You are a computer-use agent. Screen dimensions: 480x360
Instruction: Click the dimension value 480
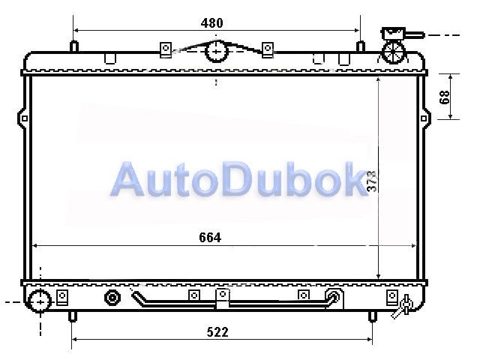click(211, 23)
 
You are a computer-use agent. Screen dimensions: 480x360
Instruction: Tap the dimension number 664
click(210, 238)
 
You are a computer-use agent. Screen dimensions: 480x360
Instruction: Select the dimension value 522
click(217, 332)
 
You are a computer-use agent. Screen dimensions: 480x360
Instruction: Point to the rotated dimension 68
click(445, 97)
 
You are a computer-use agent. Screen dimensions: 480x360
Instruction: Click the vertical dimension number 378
click(372, 181)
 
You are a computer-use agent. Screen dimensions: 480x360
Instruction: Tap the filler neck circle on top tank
click(217, 52)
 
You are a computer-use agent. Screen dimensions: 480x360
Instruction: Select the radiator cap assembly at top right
click(397, 45)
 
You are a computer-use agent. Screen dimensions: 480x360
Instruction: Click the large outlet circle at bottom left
click(40, 301)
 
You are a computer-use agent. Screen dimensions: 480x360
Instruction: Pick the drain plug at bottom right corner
click(403, 306)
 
